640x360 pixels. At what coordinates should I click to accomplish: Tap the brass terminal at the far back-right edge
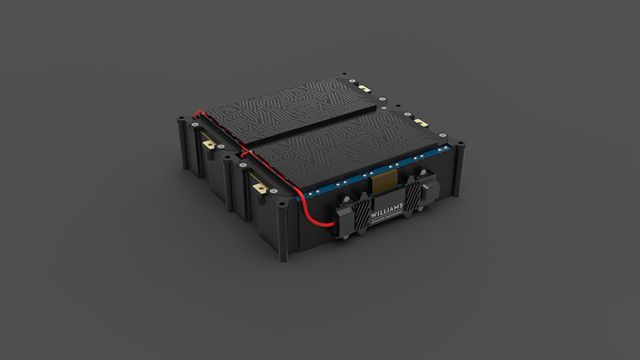click(365, 88)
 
